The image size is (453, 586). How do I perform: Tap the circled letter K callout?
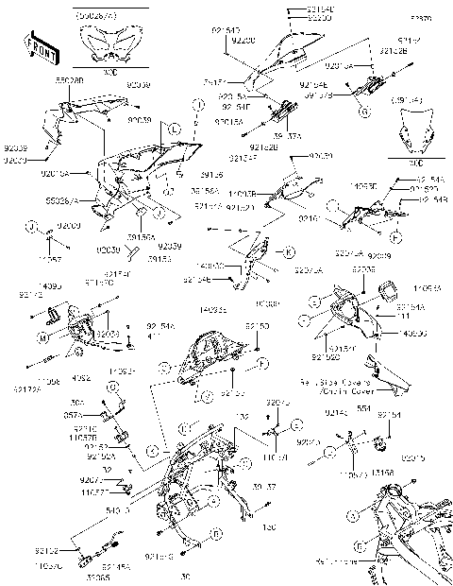point(290,251)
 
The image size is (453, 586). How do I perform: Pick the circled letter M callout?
point(44,336)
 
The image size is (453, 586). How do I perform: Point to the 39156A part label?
point(143,240)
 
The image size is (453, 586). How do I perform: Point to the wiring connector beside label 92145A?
point(111,543)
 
